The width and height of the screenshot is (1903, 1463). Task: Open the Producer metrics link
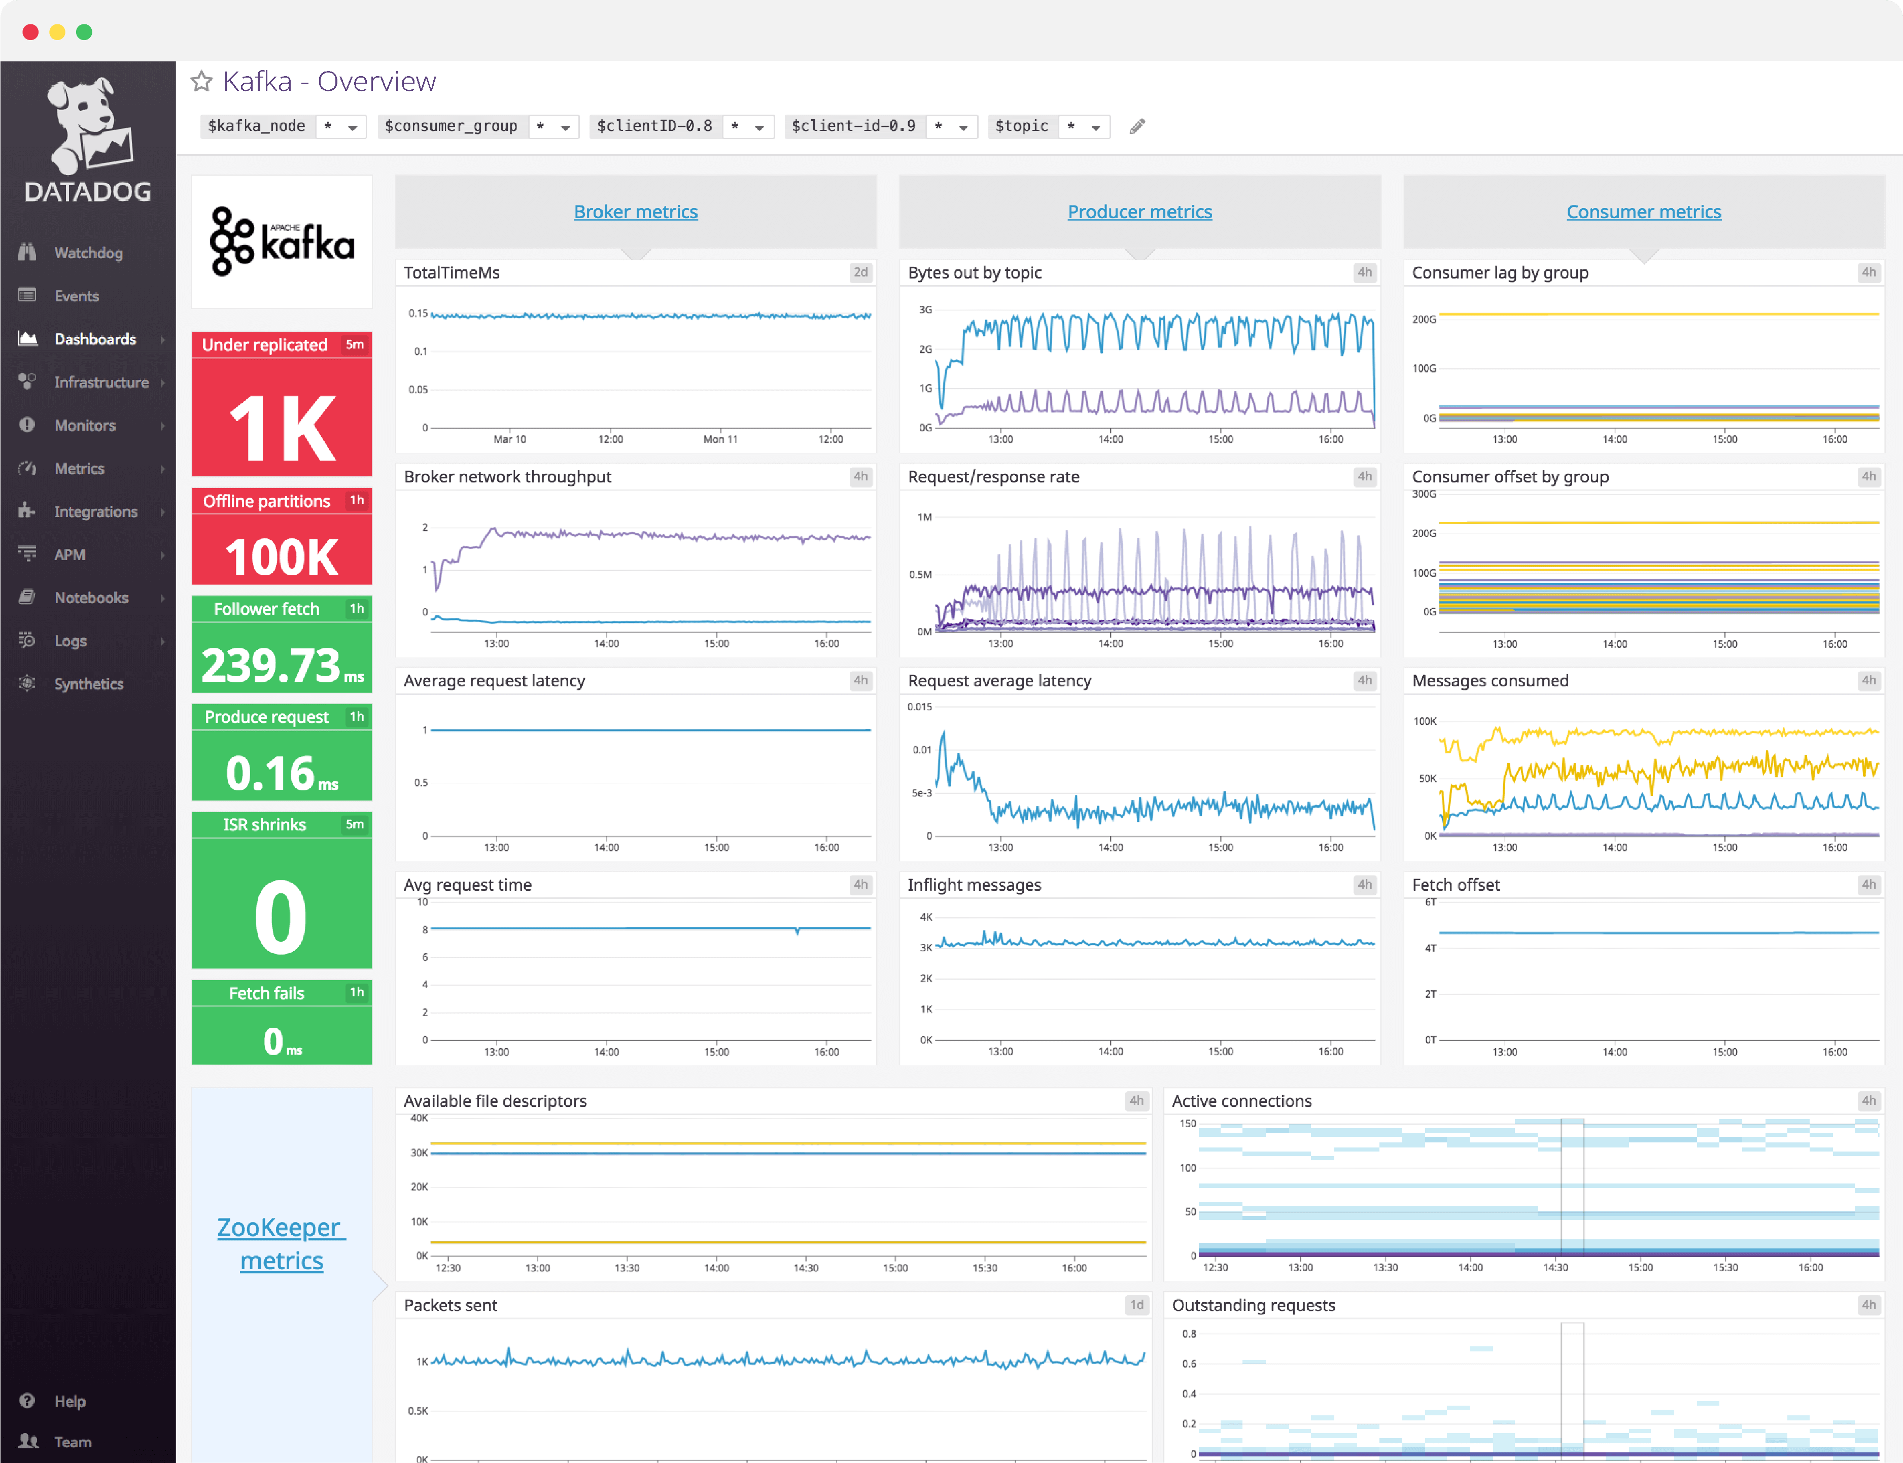[1139, 212]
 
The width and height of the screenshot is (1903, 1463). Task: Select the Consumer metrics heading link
[1643, 212]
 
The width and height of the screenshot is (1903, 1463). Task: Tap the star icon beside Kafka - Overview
[201, 82]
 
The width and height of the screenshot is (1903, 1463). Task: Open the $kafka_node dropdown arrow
[353, 127]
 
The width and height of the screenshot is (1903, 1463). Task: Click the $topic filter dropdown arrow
[1096, 127]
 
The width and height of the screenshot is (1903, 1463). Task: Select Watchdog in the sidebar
[88, 253]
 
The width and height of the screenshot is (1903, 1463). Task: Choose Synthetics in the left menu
[88, 684]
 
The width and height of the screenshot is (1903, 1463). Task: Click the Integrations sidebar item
[95, 511]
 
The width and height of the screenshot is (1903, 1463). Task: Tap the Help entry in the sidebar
[70, 1400]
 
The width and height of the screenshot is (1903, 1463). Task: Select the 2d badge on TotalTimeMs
[859, 272]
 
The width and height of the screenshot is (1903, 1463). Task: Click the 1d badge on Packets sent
[1136, 1305]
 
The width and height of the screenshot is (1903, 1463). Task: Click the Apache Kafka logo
[281, 241]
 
